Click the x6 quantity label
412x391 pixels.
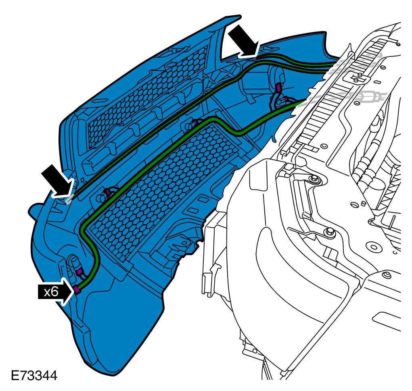pyautogui.click(x=51, y=291)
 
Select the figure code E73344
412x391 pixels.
pyautogui.click(x=34, y=376)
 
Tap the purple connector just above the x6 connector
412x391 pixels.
pyautogui.click(x=79, y=272)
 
